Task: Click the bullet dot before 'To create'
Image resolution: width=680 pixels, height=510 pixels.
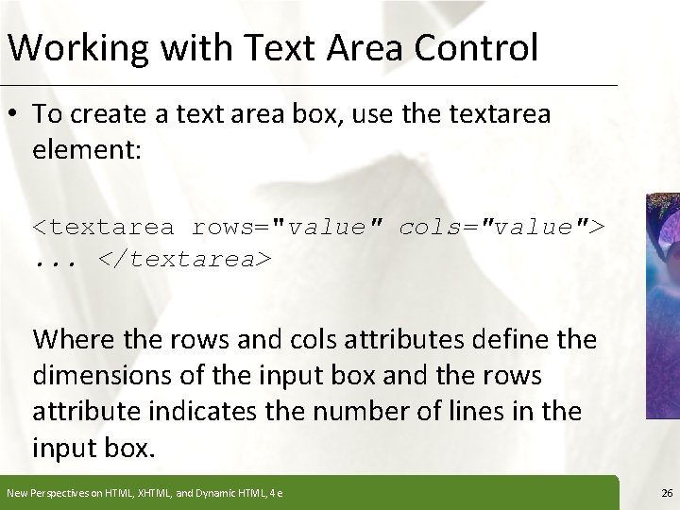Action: point(16,114)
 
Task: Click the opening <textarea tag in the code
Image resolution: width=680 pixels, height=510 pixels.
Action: point(104,228)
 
